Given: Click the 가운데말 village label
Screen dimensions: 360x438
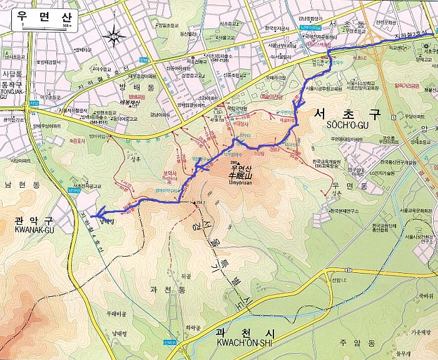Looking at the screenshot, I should coord(420,332).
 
